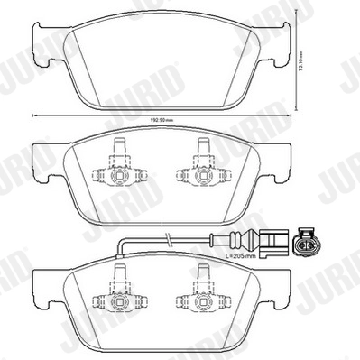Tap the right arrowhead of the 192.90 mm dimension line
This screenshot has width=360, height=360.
coord(291,115)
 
